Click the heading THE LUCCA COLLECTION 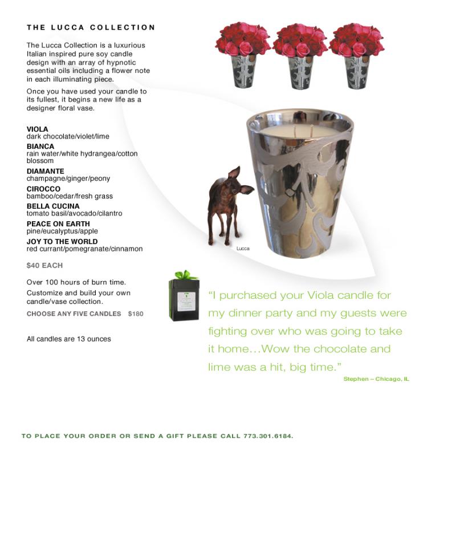click(91, 27)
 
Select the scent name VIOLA click(38, 129)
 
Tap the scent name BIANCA click(40, 147)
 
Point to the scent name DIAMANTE click(46, 171)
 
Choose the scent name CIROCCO click(43, 189)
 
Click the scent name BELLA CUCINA click(53, 206)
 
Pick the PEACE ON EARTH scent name click(58, 224)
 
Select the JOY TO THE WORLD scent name click(62, 242)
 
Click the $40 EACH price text click(44, 266)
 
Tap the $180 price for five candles click(136, 314)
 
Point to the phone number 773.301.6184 click(268, 436)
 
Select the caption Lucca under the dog click(243, 249)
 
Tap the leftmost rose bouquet click(243, 41)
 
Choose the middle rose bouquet click(300, 41)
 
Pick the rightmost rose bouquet click(356, 41)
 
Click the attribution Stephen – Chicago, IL click(376, 379)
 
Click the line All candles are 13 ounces click(69, 339)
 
